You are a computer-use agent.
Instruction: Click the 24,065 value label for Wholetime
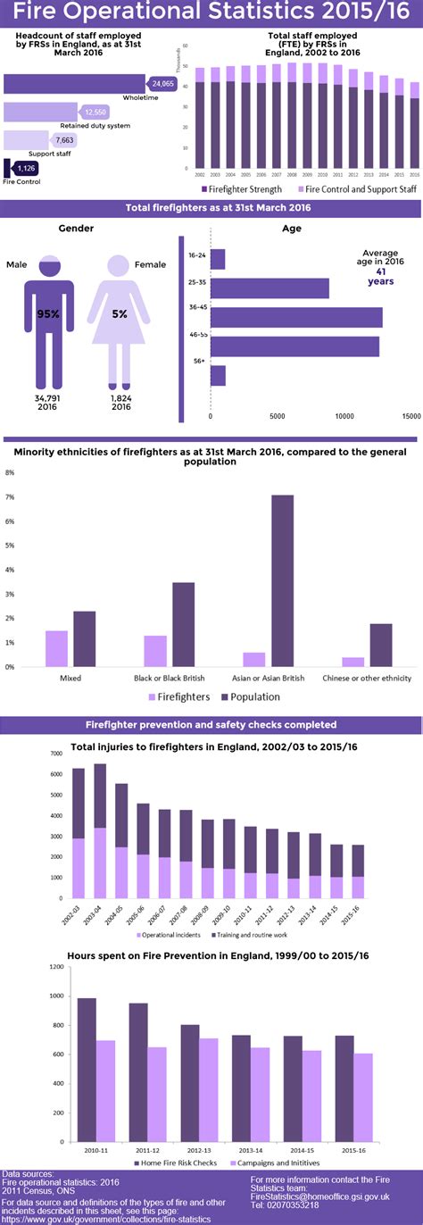click(x=162, y=84)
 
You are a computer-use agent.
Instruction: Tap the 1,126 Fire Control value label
click(x=25, y=168)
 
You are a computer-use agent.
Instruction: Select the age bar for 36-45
click(x=296, y=317)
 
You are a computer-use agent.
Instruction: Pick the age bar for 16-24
click(x=218, y=259)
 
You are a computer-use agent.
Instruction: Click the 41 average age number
click(x=380, y=271)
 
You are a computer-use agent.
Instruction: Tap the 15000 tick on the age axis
click(x=411, y=416)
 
